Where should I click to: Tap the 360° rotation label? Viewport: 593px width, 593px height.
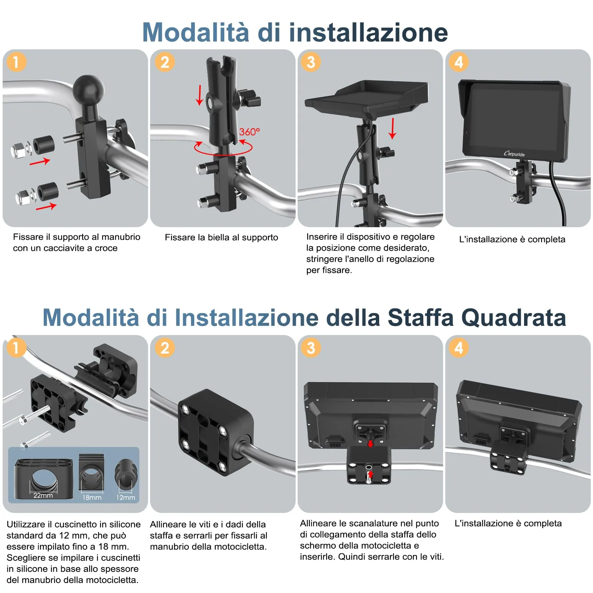249,132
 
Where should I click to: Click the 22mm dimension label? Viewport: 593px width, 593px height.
43,496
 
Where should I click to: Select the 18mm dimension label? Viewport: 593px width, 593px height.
92,497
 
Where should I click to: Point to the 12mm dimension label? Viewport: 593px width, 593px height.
126,497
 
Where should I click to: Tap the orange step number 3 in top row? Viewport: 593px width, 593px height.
311,62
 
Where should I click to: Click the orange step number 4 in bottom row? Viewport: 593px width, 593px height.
458,348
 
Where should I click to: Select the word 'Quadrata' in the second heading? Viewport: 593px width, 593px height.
514,318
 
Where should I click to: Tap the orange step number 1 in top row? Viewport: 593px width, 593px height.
16,62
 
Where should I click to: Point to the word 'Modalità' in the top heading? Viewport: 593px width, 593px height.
196,33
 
